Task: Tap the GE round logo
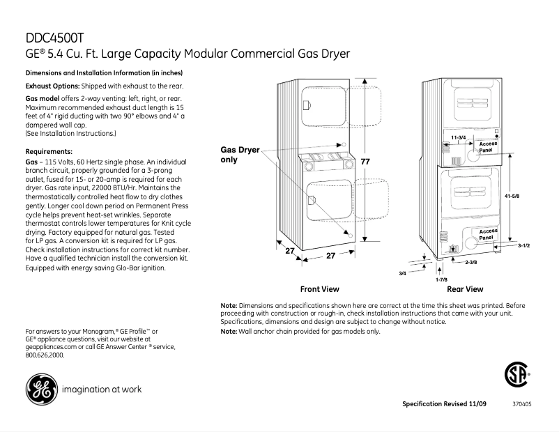click(x=41, y=389)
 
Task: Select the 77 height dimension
click(x=364, y=162)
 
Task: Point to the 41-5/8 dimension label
click(x=512, y=196)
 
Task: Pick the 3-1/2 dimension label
click(x=525, y=246)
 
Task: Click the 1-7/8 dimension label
click(x=441, y=279)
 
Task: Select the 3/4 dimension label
click(x=402, y=273)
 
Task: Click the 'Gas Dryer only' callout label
click(x=240, y=155)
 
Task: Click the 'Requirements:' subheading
click(x=49, y=151)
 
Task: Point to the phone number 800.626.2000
click(x=45, y=355)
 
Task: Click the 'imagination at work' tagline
click(x=101, y=389)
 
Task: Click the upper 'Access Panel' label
click(x=488, y=146)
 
